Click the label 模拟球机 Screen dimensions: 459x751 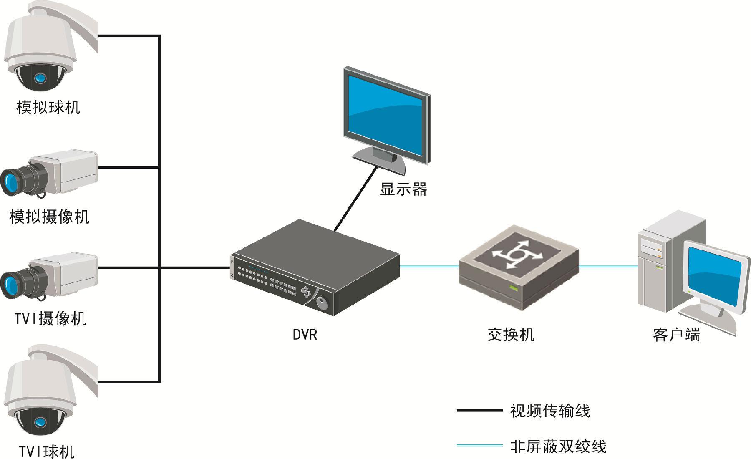pos(48,107)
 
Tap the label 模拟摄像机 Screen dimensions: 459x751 pos(49,217)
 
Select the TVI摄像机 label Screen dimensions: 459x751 pos(50,319)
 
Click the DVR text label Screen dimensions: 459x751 pos(305,335)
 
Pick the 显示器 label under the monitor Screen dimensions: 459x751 pos(403,189)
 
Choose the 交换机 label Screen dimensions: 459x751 pos(511,335)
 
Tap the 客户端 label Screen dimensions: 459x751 pos(676,335)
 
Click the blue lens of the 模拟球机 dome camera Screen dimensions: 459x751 pos(40,78)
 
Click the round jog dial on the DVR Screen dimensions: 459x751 pos(323,303)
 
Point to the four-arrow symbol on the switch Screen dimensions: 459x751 pos(517,255)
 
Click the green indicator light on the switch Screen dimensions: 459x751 pos(513,288)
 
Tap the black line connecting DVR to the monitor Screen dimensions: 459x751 pos(355,198)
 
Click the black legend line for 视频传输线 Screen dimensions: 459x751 pos(479,411)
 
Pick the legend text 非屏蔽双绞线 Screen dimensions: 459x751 pos(558,446)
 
